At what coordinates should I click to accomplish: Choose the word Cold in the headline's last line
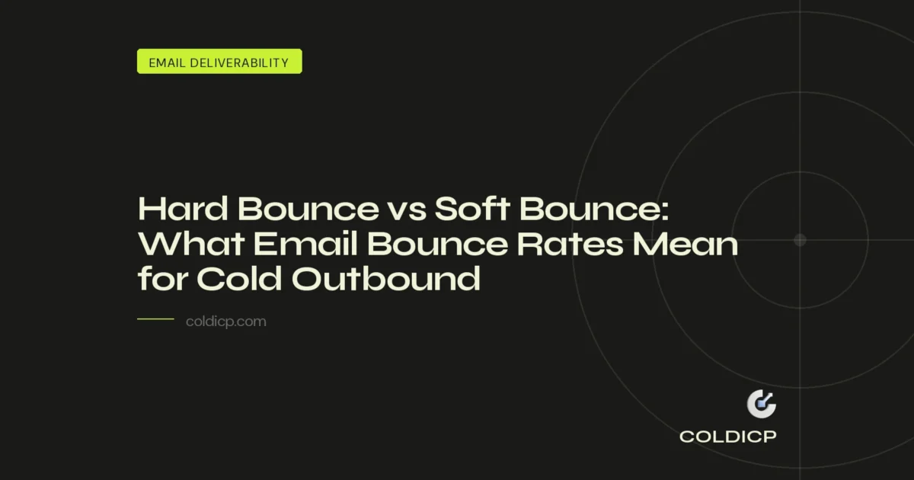[x=238, y=279]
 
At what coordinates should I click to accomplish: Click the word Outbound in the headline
[x=387, y=279]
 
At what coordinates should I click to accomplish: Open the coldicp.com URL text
[x=225, y=322]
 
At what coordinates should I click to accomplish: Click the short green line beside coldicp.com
[x=155, y=320]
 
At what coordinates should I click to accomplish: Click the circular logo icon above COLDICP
[x=760, y=405]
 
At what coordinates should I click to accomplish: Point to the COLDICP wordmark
[x=728, y=437]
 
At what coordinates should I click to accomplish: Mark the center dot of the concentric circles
[x=800, y=240]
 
